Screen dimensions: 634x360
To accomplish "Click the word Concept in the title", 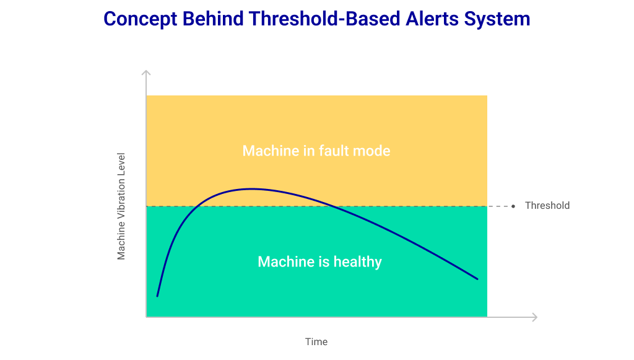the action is (141, 19).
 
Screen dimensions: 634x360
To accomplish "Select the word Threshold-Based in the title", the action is (324, 19).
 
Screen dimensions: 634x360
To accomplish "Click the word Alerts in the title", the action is (432, 19).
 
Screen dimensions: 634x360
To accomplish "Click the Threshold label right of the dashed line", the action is (547, 206).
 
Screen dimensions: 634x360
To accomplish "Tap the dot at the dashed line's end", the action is (513, 206).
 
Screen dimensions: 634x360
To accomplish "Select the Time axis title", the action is (316, 342).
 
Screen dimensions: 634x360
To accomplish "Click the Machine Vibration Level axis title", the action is (121, 206).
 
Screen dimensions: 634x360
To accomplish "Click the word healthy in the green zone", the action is (357, 262).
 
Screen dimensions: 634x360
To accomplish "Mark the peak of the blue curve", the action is (251, 189).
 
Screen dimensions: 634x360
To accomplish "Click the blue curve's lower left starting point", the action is (157, 296).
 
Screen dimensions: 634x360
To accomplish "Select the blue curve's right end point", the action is (477, 279).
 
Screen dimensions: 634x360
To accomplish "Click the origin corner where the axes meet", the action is (146, 317).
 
